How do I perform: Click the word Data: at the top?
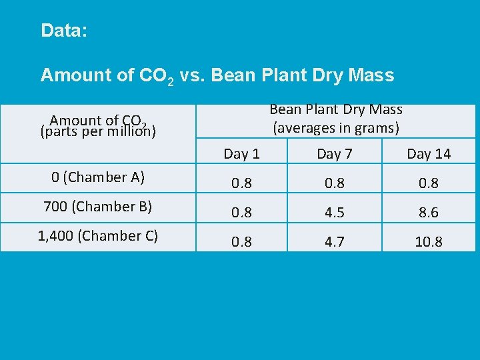click(64, 31)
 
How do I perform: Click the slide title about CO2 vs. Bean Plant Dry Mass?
click(217, 75)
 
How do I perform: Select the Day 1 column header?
click(241, 154)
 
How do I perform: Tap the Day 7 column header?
click(334, 154)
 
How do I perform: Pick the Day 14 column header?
click(429, 154)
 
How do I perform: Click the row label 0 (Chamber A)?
click(98, 177)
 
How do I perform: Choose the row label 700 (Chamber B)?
click(98, 207)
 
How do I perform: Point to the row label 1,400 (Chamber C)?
click(98, 235)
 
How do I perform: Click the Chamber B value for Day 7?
click(334, 213)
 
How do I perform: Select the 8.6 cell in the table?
click(429, 213)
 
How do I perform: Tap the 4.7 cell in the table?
click(334, 241)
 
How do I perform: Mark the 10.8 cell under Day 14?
click(429, 241)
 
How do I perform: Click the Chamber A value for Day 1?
click(241, 183)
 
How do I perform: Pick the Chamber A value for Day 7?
click(334, 183)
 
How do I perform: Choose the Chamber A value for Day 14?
click(429, 183)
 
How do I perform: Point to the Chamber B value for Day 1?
click(241, 213)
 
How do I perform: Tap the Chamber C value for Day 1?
click(241, 241)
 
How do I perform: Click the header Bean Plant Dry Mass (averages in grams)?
click(335, 118)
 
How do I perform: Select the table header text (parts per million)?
click(98, 131)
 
